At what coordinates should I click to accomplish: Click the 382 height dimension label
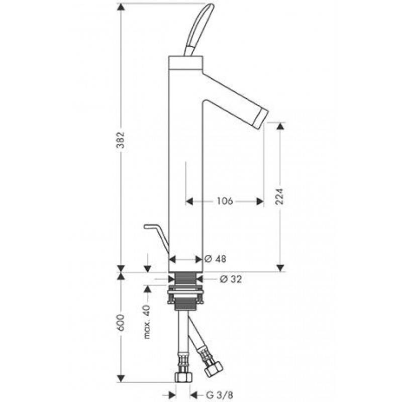tap(121, 140)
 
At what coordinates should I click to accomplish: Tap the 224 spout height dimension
tap(279, 196)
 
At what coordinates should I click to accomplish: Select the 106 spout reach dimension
tap(225, 201)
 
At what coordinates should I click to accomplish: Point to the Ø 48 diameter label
tap(216, 259)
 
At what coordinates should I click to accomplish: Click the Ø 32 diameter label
tap(231, 279)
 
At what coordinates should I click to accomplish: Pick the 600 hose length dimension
tap(121, 322)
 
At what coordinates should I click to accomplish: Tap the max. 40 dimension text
tap(147, 322)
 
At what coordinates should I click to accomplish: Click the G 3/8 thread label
tap(220, 394)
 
